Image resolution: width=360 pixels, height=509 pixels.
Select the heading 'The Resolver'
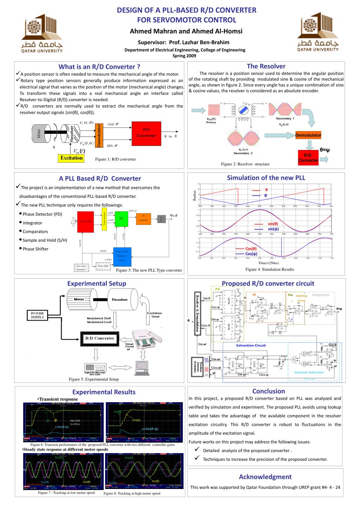266,66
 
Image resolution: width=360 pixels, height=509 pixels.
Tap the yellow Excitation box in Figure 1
71,158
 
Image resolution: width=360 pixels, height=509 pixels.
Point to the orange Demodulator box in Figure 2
308,135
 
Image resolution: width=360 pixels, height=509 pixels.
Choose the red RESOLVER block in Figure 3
85,222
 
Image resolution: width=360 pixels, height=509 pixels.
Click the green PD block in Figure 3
121,219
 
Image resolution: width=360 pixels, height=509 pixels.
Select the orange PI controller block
143,219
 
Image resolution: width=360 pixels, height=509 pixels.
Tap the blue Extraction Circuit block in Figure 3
122,256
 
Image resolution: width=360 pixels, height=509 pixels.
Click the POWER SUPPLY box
38,315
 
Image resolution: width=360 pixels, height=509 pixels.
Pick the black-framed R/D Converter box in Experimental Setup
100,338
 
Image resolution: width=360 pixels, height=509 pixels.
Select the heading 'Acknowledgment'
265,477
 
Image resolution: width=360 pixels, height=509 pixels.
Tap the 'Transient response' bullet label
58,399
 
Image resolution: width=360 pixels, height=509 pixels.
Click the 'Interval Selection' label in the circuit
309,372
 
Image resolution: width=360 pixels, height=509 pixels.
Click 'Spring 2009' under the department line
185,56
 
